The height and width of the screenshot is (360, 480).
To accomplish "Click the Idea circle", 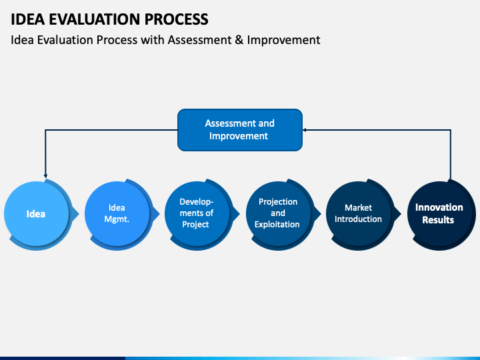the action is pyautogui.click(x=37, y=214).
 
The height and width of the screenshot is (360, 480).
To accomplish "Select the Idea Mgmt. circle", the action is pyautogui.click(x=117, y=214).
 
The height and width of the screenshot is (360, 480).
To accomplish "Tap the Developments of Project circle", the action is pyautogui.click(x=197, y=214).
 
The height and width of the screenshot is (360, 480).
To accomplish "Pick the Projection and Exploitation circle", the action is pyautogui.click(x=278, y=214).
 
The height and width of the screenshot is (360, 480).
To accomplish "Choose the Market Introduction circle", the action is pyautogui.click(x=359, y=214).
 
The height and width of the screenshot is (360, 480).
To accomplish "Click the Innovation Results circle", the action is pyautogui.click(x=439, y=214).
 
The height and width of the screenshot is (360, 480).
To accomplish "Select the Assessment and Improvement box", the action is pyautogui.click(x=240, y=130).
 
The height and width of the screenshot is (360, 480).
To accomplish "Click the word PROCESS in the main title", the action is pyautogui.click(x=176, y=19).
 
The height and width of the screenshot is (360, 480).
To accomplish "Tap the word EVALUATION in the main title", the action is pyautogui.click(x=95, y=19).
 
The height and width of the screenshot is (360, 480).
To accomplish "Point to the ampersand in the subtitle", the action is pyautogui.click(x=239, y=40).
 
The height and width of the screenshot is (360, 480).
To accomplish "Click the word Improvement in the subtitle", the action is pyautogui.click(x=283, y=40).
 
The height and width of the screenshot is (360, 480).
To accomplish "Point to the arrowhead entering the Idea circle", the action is pyautogui.click(x=45, y=176).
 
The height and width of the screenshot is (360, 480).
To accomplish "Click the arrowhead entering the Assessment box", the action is pyautogui.click(x=305, y=130).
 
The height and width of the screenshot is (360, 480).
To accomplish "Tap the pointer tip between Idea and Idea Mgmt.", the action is pyautogui.click(x=79, y=214).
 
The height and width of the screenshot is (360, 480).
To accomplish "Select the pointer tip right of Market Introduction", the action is pyautogui.click(x=401, y=214).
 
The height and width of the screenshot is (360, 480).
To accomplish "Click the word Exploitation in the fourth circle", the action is pyautogui.click(x=277, y=225).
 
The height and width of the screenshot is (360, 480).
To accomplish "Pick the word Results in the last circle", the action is pyautogui.click(x=438, y=220).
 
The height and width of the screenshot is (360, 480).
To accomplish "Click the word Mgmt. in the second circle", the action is pyautogui.click(x=117, y=219).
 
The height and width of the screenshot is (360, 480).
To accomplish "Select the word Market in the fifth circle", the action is pyautogui.click(x=358, y=208).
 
